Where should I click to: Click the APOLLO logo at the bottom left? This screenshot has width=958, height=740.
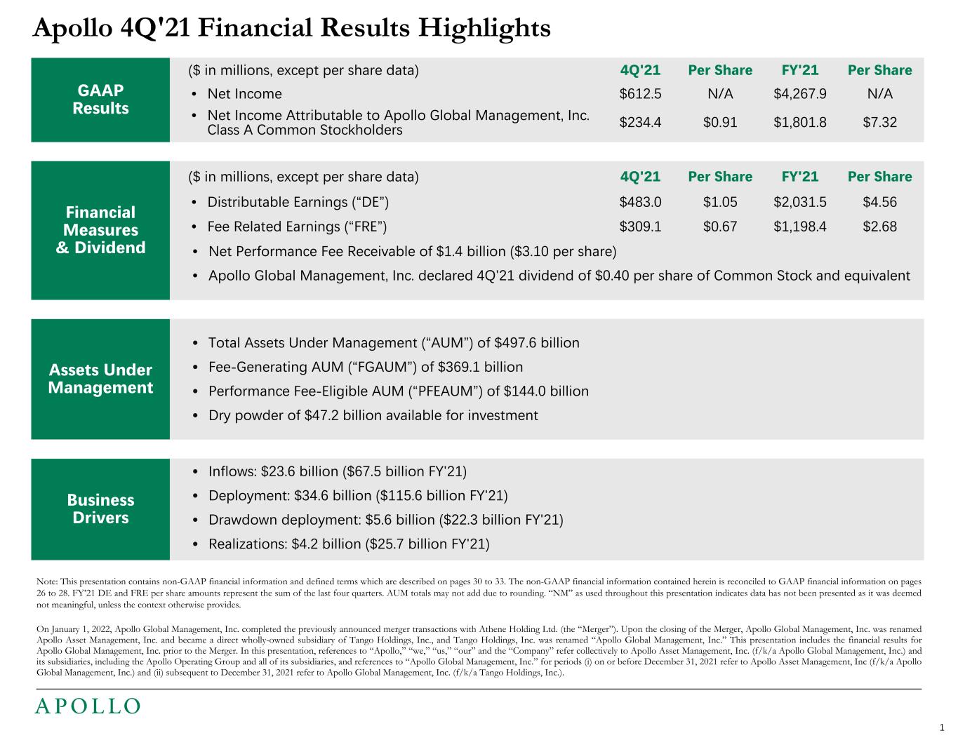coord(88,706)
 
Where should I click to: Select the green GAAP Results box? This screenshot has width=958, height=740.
coord(100,100)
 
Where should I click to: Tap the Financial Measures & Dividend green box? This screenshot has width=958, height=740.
coord(100,230)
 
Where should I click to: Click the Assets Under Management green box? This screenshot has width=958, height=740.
coord(100,379)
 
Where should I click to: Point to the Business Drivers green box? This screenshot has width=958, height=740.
coord(100,509)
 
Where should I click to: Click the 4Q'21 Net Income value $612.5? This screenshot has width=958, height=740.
coord(640,94)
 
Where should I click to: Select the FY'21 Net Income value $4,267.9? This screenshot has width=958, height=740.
coord(799,94)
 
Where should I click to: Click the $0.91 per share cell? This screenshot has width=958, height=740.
coord(720,123)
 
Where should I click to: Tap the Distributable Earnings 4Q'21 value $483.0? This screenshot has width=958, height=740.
coord(640,203)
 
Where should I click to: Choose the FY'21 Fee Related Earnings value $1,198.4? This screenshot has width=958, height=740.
coord(799,227)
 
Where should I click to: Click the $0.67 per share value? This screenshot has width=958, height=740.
coord(720,227)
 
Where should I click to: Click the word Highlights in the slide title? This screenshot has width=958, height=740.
coord(484,28)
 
